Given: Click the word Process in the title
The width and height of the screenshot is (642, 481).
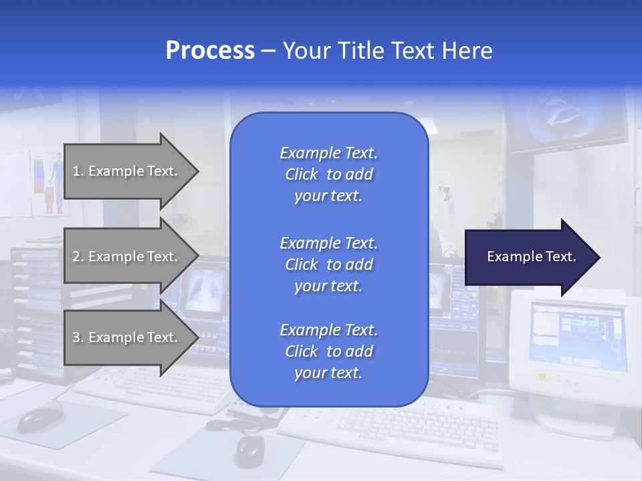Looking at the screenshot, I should tap(210, 51).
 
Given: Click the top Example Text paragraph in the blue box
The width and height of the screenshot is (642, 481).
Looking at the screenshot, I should tap(328, 174).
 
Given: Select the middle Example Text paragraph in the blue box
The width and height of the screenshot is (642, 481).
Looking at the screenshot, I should tap(328, 265).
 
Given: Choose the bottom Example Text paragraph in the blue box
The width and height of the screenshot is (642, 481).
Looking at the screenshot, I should tap(328, 351).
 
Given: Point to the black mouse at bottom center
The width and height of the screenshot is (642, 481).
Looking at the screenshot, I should tap(249, 450).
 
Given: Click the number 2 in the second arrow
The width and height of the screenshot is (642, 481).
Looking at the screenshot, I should tap(76, 257).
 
